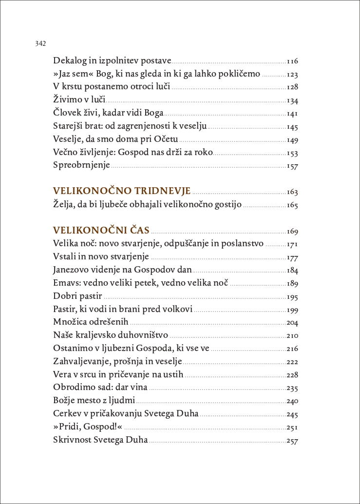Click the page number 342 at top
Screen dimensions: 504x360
tap(40, 44)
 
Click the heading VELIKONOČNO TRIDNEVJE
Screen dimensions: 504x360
tap(121, 191)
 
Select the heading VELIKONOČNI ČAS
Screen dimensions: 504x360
tap(101, 230)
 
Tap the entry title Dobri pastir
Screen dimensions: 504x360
tap(77, 296)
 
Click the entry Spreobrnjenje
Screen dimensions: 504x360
tap(81, 165)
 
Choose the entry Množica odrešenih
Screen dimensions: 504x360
tap(91, 322)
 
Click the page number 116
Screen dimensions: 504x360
tap(292, 61)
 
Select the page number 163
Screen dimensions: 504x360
tap(292, 192)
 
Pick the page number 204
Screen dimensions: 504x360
tap(292, 323)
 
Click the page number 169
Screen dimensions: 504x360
tap(292, 232)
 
